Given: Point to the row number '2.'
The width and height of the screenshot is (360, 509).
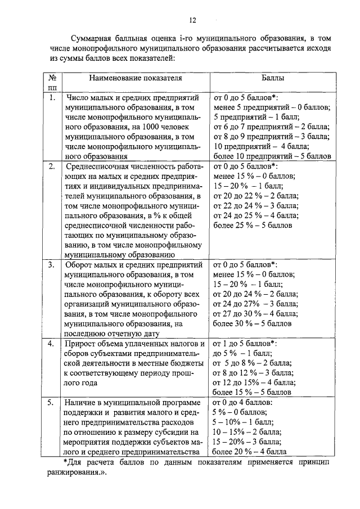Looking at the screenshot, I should coord(52,167).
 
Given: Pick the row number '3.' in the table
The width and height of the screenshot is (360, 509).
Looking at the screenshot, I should coord(52,263).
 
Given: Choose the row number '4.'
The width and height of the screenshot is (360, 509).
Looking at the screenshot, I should coord(52,344).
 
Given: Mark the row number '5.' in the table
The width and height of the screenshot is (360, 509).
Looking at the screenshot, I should coord(52,403).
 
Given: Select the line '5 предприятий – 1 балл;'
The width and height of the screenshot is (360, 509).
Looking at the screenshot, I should coord(251,116).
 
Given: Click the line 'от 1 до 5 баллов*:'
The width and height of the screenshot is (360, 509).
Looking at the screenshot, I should coord(246,344).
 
